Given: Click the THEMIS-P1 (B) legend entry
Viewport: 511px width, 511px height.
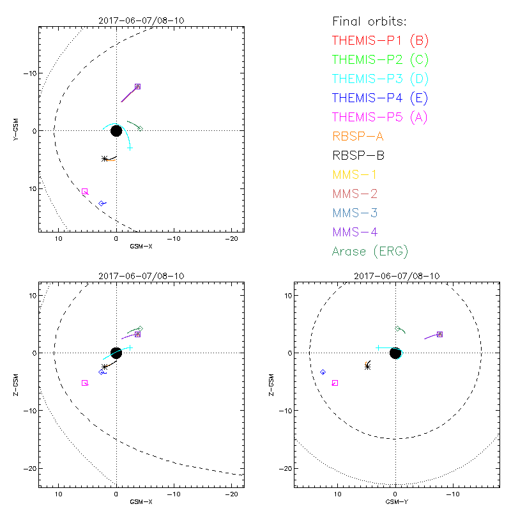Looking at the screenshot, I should click(x=380, y=40).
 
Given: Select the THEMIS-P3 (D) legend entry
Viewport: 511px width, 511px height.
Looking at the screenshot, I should click(x=380, y=79).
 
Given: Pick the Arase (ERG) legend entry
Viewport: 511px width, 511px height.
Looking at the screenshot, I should click(x=370, y=251).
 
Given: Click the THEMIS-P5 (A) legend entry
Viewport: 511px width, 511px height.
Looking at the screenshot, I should click(x=380, y=117).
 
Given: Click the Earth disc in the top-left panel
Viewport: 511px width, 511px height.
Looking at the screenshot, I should click(x=116, y=130).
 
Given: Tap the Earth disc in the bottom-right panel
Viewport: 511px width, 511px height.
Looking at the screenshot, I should click(x=395, y=353).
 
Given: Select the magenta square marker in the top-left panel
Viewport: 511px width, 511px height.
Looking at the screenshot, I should click(x=85, y=192).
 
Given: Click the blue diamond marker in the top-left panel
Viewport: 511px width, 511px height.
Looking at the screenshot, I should click(x=102, y=203).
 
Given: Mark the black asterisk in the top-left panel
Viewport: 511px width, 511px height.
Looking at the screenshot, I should click(x=105, y=158).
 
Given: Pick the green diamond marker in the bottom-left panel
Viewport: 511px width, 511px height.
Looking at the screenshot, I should click(x=140, y=329).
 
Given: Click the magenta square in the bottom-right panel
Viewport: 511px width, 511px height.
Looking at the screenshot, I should click(x=335, y=383).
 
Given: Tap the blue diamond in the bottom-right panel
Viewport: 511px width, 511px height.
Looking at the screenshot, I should click(x=323, y=372).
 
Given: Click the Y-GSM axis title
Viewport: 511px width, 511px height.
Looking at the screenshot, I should click(x=19, y=130).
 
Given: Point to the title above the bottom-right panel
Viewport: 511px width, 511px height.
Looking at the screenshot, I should click(x=395, y=276).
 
